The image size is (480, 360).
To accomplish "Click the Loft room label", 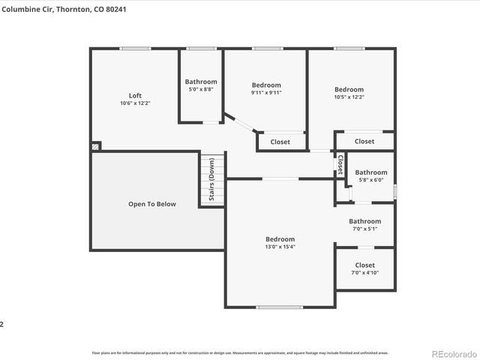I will [x=135, y=95].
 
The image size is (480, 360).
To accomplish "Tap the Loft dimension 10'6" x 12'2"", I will [x=135, y=103].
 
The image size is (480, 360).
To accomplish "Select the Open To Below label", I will [x=152, y=203].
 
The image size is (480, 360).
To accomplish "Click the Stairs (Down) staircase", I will [x=211, y=181].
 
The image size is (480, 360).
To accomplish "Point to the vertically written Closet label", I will [x=340, y=164].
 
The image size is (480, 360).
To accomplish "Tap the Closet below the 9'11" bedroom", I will [x=280, y=142].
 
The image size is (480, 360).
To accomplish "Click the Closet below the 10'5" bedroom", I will [x=364, y=141].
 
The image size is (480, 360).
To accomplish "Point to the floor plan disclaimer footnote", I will [x=240, y=352].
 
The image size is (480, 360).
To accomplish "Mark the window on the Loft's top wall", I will [x=135, y=49].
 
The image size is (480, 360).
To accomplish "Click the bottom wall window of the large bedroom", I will [x=280, y=307].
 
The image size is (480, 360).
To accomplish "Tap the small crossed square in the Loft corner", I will [x=96, y=147].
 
